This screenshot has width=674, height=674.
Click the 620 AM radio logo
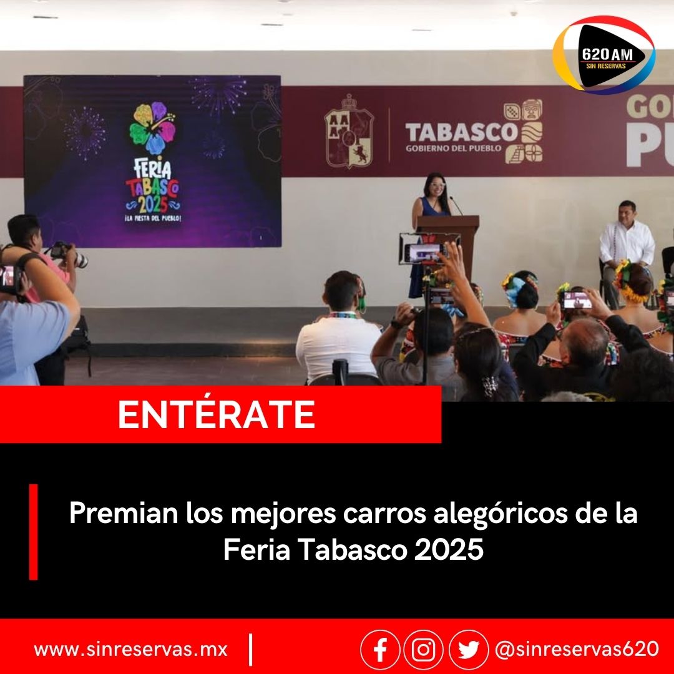click(x=603, y=54)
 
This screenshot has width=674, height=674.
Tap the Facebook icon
click(x=380, y=650)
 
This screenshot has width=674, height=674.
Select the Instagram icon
click(x=423, y=650)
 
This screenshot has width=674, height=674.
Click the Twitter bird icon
click(x=469, y=650)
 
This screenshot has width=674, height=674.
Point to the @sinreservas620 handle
click(x=577, y=648)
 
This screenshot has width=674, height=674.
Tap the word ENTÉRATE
click(x=216, y=414)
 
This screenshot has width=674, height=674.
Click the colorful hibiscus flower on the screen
click(x=153, y=128)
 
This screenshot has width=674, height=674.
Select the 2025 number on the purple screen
click(x=153, y=203)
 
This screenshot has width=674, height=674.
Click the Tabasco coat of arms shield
click(x=349, y=132)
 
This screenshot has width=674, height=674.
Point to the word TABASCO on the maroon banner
click(x=461, y=132)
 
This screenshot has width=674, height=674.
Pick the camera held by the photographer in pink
click(x=69, y=254)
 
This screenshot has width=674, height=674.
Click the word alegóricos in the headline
click(x=501, y=514)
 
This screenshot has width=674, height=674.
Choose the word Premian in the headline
click(x=124, y=513)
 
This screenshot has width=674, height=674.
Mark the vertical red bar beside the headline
click(x=34, y=532)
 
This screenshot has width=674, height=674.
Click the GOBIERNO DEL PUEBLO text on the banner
click(x=454, y=149)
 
